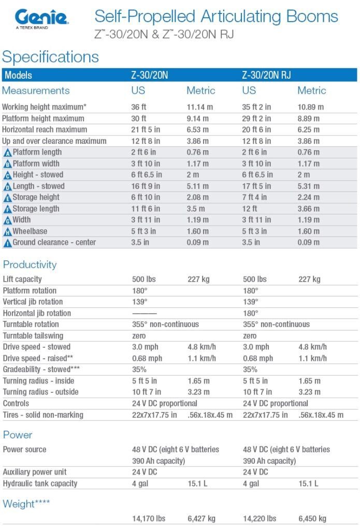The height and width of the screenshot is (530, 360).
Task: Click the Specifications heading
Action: click(x=50, y=57)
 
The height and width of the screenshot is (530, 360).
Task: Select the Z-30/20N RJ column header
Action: click(x=266, y=75)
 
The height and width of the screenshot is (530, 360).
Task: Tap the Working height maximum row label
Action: click(x=44, y=107)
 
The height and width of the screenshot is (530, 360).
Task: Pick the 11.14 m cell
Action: click(x=199, y=107)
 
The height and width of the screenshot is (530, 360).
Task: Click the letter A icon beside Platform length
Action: click(x=7, y=153)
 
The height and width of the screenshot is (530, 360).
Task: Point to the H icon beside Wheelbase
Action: click(x=7, y=232)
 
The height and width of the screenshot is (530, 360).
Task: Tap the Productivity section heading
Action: click(x=30, y=264)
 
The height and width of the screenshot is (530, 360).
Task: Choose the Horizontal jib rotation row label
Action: click(x=37, y=313)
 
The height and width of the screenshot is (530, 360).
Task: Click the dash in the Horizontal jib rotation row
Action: click(x=145, y=314)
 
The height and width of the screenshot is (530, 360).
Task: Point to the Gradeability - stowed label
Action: click(x=41, y=370)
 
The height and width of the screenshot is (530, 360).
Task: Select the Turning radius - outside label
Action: click(x=40, y=392)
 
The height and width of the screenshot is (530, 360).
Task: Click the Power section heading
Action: click(x=18, y=435)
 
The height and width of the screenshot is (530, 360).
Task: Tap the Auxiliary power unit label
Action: click(x=35, y=472)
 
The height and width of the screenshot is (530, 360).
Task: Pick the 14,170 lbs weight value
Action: click(x=149, y=519)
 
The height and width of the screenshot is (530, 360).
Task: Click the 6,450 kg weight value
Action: click(x=312, y=519)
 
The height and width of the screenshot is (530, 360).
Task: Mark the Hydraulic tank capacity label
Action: click(x=40, y=484)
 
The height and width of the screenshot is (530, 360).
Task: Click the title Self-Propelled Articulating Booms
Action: click(x=216, y=16)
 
